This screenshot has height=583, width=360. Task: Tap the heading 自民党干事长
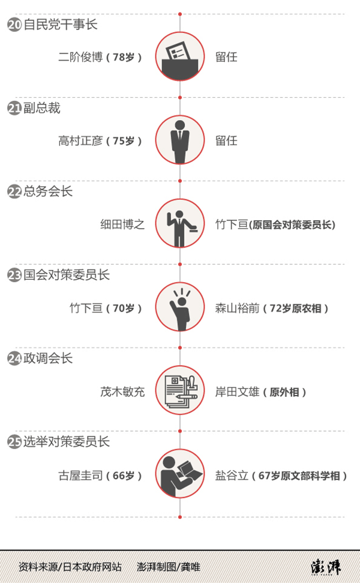(60, 25)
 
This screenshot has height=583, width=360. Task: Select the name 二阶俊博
(80, 58)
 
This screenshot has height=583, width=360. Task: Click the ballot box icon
(180, 57)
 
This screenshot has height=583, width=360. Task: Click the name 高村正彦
(80, 141)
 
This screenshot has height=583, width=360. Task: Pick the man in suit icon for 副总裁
(180, 140)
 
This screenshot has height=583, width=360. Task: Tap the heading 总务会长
(48, 192)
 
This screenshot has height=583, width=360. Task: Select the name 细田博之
(122, 225)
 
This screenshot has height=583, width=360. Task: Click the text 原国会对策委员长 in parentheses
(293, 225)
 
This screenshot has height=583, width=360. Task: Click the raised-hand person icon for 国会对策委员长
(180, 307)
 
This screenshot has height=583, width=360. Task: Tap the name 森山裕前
(237, 308)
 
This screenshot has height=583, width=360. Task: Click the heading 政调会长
(48, 358)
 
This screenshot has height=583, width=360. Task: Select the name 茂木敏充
(122, 391)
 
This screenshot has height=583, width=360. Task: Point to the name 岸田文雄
(237, 391)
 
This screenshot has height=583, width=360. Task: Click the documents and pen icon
(180, 391)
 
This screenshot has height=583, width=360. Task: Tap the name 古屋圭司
(80, 475)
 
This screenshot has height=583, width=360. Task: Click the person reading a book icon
(180, 474)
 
